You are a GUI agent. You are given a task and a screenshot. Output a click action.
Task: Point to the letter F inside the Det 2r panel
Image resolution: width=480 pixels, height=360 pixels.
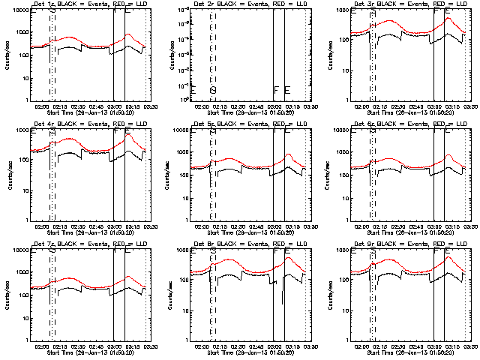(276, 91)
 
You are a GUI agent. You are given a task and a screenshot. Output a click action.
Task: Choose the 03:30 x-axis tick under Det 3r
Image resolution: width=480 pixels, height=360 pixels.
(470, 106)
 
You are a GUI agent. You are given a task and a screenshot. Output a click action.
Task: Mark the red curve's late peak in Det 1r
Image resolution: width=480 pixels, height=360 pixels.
(128, 34)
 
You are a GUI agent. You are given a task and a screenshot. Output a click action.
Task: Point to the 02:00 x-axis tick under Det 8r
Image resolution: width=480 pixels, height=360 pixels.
(202, 346)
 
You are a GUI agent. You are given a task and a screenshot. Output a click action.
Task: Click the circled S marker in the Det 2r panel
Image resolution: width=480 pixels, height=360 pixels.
(213, 91)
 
